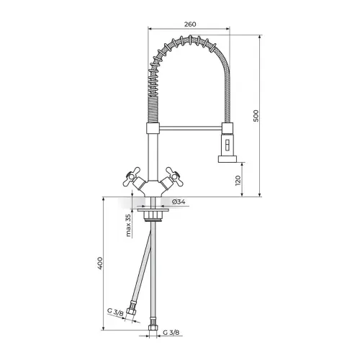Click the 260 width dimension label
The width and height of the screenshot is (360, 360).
click(x=190, y=24)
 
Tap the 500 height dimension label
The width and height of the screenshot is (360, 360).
click(x=256, y=116)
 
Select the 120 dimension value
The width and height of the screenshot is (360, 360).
click(x=238, y=181)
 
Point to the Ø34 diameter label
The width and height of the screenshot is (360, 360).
click(x=179, y=202)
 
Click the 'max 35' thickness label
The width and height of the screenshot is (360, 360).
click(x=129, y=225)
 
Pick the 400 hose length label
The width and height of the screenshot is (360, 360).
click(x=100, y=264)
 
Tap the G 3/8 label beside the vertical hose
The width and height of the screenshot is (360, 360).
click(x=171, y=333)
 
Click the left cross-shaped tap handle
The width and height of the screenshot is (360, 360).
click(x=132, y=176)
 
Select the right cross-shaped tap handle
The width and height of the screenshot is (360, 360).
click(x=174, y=176)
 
